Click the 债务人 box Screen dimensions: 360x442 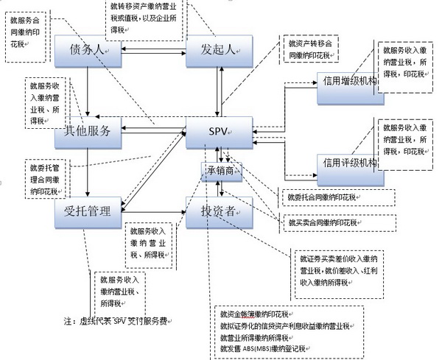click(x=88, y=49)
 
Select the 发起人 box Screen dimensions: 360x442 click(x=219, y=49)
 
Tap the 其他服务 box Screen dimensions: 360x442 click(x=88, y=132)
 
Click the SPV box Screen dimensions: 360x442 click(x=219, y=132)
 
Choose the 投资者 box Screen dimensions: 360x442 click(x=219, y=213)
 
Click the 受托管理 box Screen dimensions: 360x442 click(x=88, y=213)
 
